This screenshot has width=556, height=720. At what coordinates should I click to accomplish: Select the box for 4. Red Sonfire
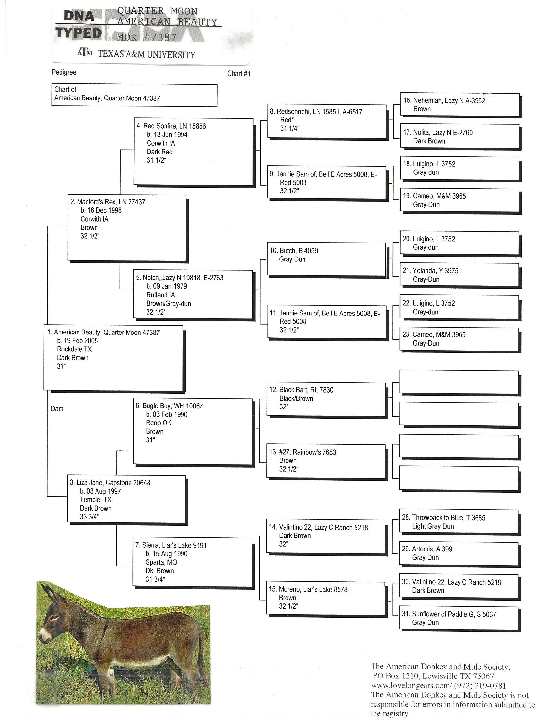pos(193,151)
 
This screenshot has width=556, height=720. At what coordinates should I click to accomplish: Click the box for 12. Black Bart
pos(326,399)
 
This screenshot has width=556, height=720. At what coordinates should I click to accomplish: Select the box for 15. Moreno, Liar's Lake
pos(326,598)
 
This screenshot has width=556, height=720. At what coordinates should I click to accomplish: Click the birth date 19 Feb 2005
pos(78,341)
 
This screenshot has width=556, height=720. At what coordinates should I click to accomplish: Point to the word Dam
pos(57,409)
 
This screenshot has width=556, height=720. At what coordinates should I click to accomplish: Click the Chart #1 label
pos(239,74)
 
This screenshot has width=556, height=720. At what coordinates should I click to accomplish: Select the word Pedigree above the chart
pos(64,72)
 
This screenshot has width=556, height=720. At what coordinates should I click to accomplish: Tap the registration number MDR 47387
pos(147,37)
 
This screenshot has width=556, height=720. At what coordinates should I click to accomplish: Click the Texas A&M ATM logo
pos(85,52)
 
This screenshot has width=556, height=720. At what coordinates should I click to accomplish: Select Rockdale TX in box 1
pos(74,349)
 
